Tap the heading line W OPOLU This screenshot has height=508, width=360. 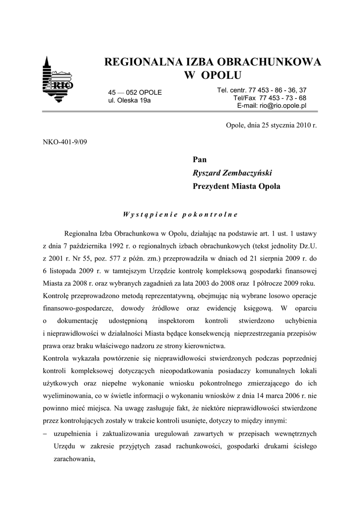213,75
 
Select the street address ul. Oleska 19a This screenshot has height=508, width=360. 129,100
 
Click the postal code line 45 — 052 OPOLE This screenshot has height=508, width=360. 135,92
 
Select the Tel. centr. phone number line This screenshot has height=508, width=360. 262,90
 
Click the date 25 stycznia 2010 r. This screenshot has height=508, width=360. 282,126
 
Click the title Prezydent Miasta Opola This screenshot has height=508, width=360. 236,187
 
